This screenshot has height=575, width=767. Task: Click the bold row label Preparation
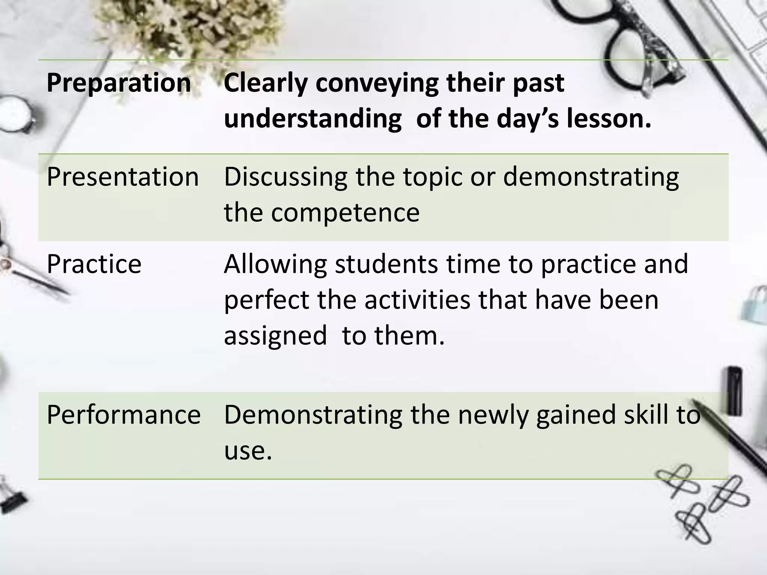point(119,83)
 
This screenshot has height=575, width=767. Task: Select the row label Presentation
point(122,177)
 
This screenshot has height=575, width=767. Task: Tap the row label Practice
point(94,264)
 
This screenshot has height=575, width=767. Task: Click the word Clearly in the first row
point(265,83)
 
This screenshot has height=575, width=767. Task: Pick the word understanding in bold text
point(313,119)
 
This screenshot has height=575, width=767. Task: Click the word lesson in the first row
point(608,119)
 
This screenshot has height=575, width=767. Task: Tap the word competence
point(345,213)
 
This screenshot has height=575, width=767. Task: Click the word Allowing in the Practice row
point(275,264)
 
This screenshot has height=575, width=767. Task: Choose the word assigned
point(275,335)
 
